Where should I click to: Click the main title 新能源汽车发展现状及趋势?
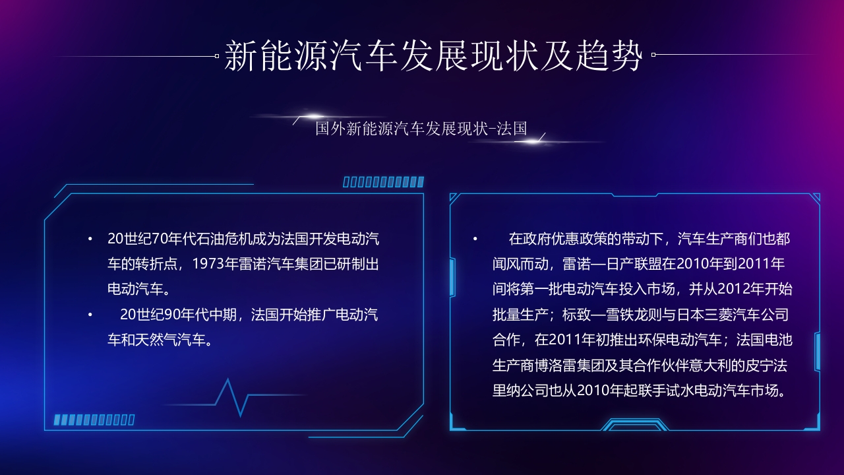tap(433, 55)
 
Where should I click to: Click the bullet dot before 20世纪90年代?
tap(90, 315)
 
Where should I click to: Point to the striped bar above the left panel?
tap(383, 182)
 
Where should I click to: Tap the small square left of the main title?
tap(217, 56)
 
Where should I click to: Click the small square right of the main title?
tap(653, 55)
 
